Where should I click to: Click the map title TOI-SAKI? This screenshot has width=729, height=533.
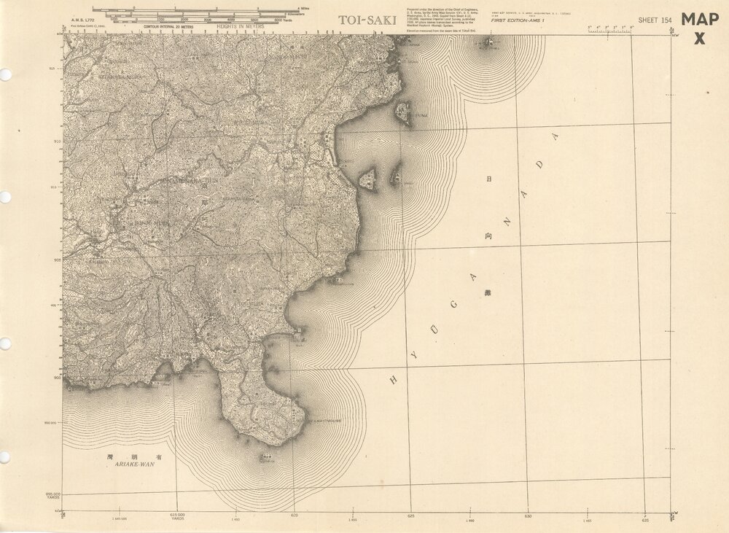[x=367, y=20]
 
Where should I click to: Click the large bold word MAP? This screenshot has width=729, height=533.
[x=700, y=20]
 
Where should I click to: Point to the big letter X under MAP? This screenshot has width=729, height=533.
[x=700, y=39]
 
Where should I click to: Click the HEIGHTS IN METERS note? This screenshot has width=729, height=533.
[x=241, y=26]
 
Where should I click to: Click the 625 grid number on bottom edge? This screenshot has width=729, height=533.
[x=411, y=515]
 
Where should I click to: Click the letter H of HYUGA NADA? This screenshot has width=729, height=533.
[x=394, y=379]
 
